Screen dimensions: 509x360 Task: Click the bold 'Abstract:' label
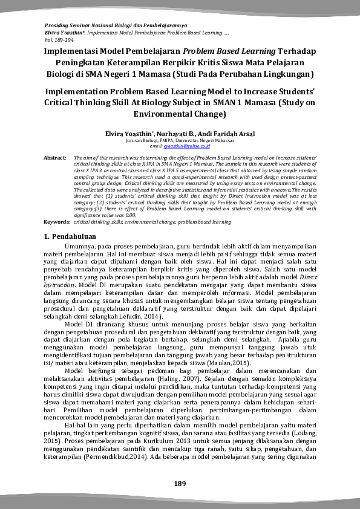(x=54, y=157)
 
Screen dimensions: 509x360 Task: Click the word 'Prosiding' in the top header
(x=57, y=25)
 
